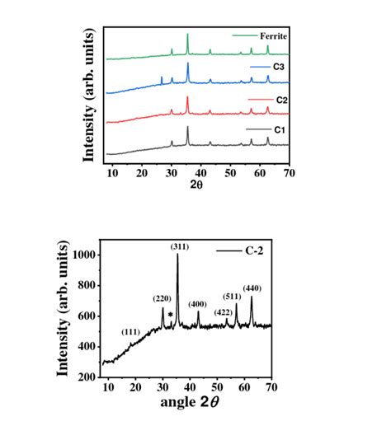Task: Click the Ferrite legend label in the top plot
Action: [271, 36]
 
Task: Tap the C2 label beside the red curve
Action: [281, 100]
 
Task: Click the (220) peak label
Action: [162, 298]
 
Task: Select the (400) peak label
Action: [199, 304]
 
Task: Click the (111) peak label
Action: [130, 331]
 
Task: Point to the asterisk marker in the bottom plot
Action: [170, 315]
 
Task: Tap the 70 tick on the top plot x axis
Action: [289, 172]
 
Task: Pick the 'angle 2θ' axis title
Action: [190, 405]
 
